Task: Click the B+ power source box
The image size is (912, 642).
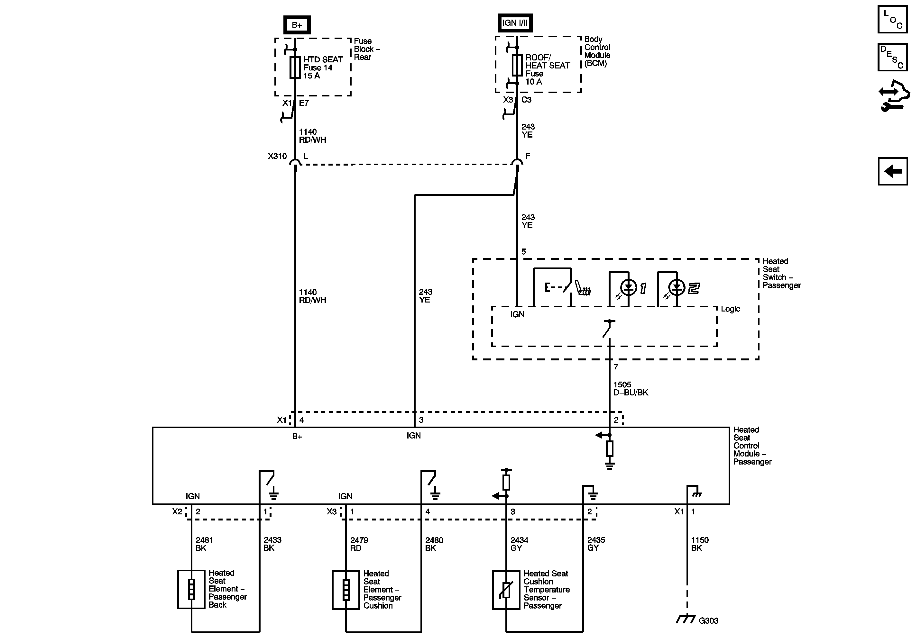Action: pos(297,25)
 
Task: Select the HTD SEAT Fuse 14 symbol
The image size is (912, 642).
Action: pos(295,68)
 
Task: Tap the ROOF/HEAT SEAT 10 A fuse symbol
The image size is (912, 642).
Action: pos(517,66)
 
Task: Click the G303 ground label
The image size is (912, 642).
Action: pos(708,620)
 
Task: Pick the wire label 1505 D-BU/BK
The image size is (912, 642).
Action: pos(631,388)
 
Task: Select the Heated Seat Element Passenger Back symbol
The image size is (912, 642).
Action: pos(191,589)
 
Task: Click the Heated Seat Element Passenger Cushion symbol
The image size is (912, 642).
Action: pos(346,590)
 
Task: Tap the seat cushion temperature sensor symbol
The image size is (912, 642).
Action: pos(506,590)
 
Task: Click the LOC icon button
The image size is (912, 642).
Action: pos(892,19)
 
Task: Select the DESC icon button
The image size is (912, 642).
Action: pos(892,57)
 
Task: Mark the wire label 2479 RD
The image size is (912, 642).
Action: pos(359,544)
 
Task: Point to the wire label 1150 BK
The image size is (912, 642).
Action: pos(699,544)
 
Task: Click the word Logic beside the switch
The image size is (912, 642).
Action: pos(730,309)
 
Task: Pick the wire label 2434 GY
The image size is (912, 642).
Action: pos(519,544)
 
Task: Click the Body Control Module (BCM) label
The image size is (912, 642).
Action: pos(597,51)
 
